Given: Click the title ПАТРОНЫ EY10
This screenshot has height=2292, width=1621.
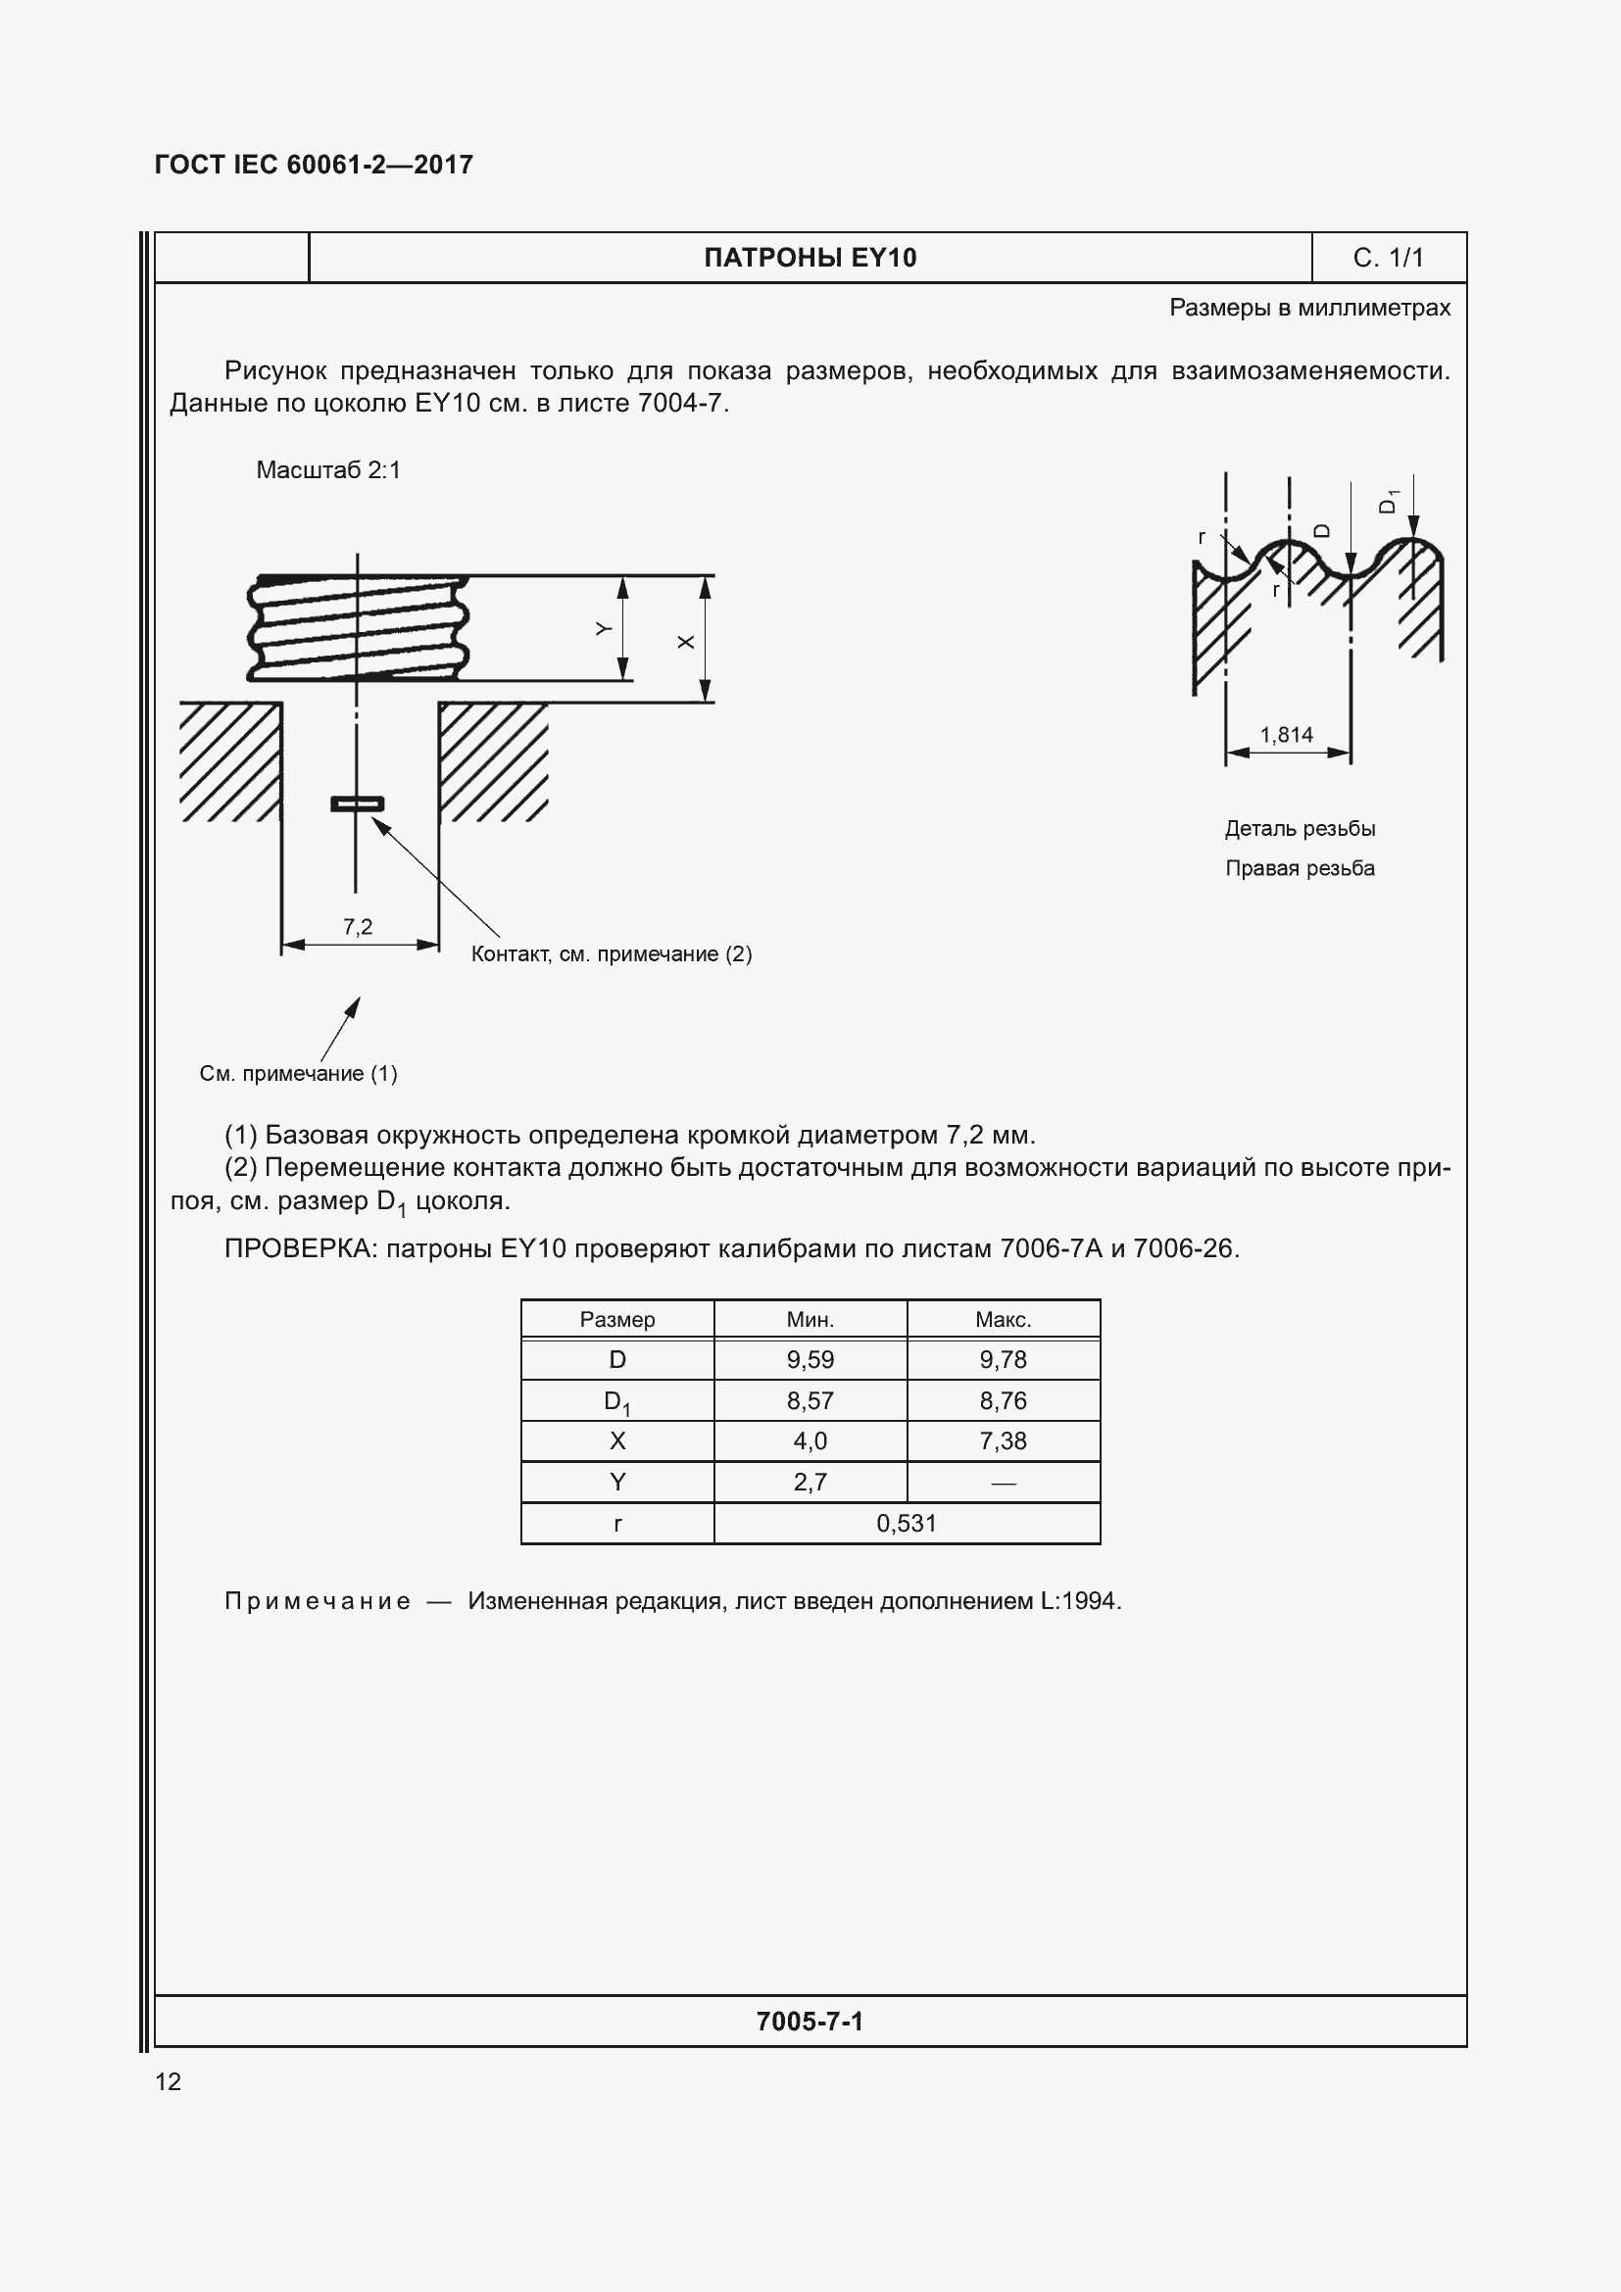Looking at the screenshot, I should [810, 258].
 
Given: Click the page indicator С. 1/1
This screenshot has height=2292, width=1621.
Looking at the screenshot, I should [1388, 258].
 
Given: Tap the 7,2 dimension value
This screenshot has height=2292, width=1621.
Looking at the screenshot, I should [358, 926].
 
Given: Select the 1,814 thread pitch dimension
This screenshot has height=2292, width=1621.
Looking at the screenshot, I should [1286, 735].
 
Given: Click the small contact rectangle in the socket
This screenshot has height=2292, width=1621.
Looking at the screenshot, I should [358, 804].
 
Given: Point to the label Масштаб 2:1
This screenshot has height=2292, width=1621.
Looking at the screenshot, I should [328, 470].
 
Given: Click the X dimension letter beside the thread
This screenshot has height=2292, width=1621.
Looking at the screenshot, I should [686, 642].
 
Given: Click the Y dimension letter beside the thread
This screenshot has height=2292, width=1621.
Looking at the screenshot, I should [604, 629].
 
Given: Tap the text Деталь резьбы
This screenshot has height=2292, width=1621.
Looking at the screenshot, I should [1300, 829].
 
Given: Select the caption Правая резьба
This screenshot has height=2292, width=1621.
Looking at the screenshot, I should [1300, 868].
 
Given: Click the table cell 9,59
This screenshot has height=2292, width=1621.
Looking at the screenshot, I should [810, 1360].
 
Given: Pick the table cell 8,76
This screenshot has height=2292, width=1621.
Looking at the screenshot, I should [1003, 1400].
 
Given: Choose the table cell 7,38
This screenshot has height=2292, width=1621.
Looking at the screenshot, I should [1003, 1440].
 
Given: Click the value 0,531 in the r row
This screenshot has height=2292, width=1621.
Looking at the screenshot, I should [907, 1523].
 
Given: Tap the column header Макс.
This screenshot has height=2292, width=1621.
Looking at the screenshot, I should [1003, 1320].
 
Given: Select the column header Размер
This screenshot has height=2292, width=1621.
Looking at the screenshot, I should [616, 1320].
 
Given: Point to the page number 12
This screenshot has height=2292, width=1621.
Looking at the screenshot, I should [169, 2081].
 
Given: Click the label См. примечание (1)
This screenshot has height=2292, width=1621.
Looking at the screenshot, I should [299, 1073].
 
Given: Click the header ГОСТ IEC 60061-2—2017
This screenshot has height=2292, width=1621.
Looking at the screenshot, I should [314, 165].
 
